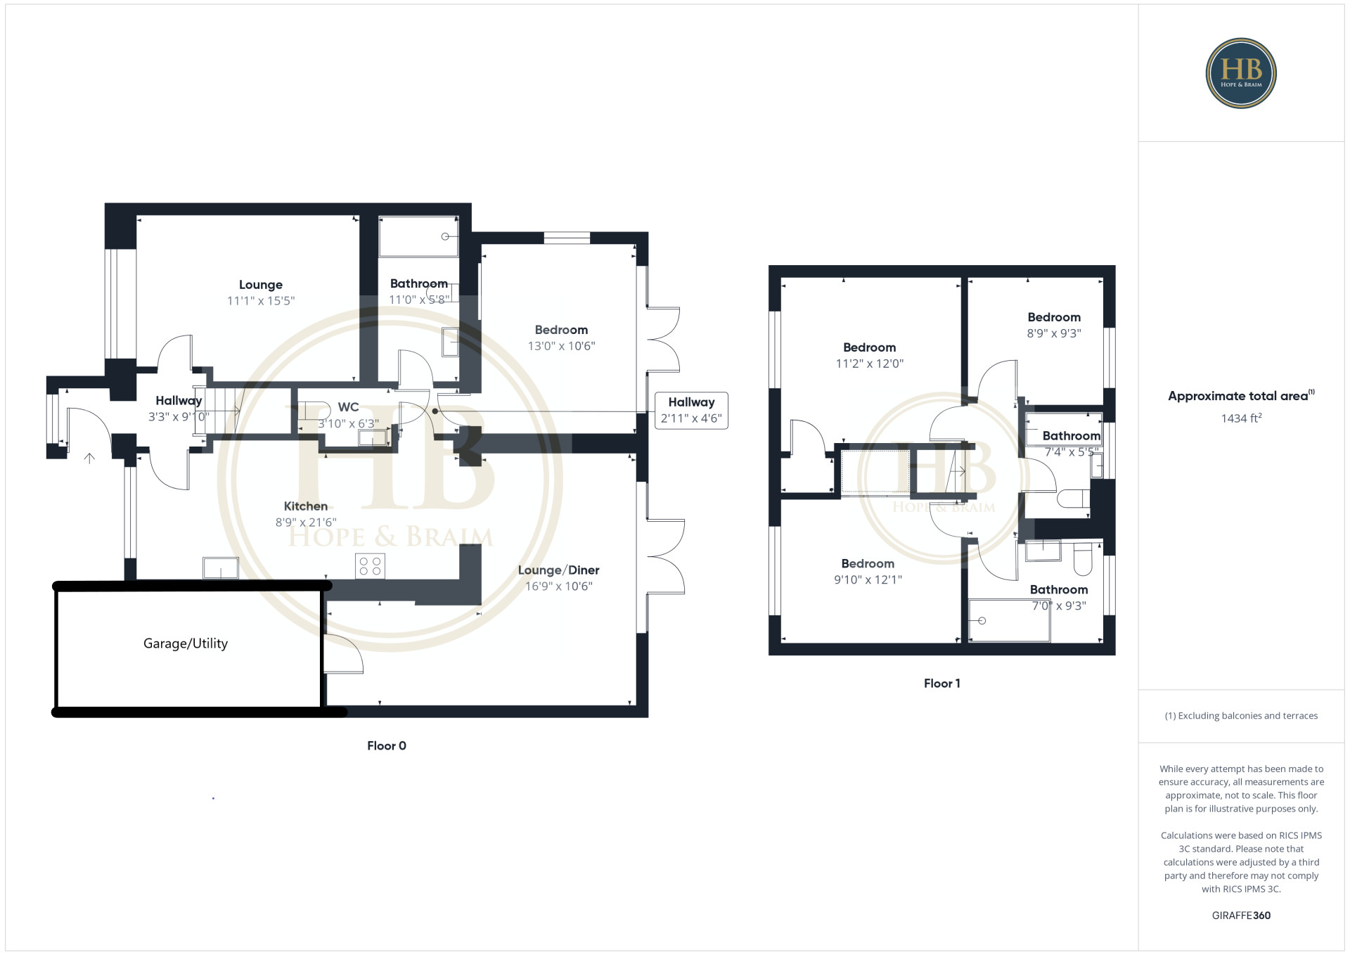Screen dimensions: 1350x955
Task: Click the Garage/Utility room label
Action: [x=186, y=643]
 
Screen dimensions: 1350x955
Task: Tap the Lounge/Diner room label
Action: [x=558, y=570]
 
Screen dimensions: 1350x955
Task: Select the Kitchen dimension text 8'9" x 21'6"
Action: [x=306, y=523]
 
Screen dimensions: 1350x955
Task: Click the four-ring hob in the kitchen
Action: [x=370, y=566]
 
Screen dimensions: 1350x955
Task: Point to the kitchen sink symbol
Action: [x=221, y=568]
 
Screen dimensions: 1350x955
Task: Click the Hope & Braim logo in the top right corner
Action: [x=1241, y=73]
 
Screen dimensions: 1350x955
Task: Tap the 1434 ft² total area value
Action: [x=1241, y=418]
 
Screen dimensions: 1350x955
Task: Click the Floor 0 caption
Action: [x=387, y=746]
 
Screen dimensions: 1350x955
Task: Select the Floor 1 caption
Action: [x=942, y=684]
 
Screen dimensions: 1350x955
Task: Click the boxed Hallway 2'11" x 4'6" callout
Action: [x=691, y=411]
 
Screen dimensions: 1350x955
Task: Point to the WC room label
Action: [x=348, y=407]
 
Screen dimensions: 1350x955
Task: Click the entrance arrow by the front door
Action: [x=89, y=459]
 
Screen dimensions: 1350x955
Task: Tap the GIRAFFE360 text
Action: [x=1241, y=916]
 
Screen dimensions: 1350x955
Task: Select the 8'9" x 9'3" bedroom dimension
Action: [x=1054, y=333]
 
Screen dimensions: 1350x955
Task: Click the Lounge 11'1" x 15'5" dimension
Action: [x=261, y=301]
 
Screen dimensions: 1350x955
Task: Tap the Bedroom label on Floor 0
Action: [x=561, y=330]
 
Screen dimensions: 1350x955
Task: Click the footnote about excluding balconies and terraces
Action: [x=1241, y=716]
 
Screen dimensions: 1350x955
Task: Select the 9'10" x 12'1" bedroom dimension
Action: [x=868, y=579]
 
